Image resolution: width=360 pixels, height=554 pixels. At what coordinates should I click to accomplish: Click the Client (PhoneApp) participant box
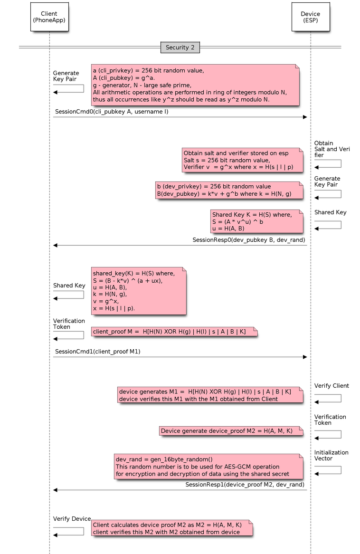(x=49, y=17)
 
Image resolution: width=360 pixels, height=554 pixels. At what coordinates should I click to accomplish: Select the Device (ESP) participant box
(x=310, y=17)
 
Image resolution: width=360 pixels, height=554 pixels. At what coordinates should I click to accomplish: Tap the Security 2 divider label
(x=180, y=48)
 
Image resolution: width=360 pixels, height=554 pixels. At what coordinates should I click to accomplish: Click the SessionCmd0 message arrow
(x=180, y=117)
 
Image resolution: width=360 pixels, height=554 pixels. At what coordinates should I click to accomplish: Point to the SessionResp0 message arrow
(x=180, y=245)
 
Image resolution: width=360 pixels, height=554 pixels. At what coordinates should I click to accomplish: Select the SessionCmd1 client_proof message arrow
(x=180, y=357)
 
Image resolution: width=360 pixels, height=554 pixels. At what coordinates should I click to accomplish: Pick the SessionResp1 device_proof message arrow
(x=180, y=489)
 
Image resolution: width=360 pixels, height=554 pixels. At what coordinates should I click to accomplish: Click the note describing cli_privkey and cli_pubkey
(x=195, y=85)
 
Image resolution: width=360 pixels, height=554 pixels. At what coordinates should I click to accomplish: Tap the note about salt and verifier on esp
(x=242, y=160)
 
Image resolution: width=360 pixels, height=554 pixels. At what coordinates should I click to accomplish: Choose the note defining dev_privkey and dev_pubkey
(x=228, y=190)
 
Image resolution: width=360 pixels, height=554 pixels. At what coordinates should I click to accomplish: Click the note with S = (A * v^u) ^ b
(x=256, y=221)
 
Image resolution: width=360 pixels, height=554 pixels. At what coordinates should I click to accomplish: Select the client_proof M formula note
(x=174, y=331)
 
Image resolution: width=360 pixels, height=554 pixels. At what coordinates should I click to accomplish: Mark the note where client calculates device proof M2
(x=171, y=528)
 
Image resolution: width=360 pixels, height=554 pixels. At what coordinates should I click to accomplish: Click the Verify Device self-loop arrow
(x=68, y=531)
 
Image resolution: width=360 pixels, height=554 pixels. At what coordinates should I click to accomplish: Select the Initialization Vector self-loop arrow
(x=328, y=470)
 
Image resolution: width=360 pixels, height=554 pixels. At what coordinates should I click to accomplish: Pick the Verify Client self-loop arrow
(x=328, y=398)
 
